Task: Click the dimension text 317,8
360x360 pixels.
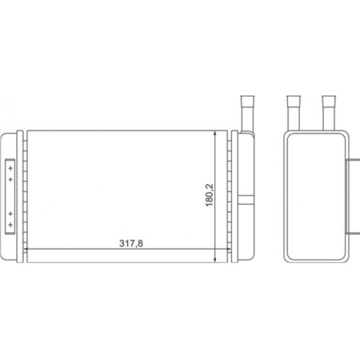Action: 131,243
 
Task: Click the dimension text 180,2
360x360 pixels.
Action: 209,195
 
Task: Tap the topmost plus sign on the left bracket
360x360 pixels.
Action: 10,168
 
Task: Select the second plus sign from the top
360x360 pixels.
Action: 10,179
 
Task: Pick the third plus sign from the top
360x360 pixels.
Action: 10,214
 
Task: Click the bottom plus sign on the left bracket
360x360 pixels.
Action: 10,225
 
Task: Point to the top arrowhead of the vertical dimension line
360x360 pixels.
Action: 215,134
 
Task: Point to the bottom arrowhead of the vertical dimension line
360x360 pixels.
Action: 215,259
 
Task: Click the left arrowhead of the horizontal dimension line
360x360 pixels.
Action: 26,249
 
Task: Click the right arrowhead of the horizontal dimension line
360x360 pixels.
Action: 228,249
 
